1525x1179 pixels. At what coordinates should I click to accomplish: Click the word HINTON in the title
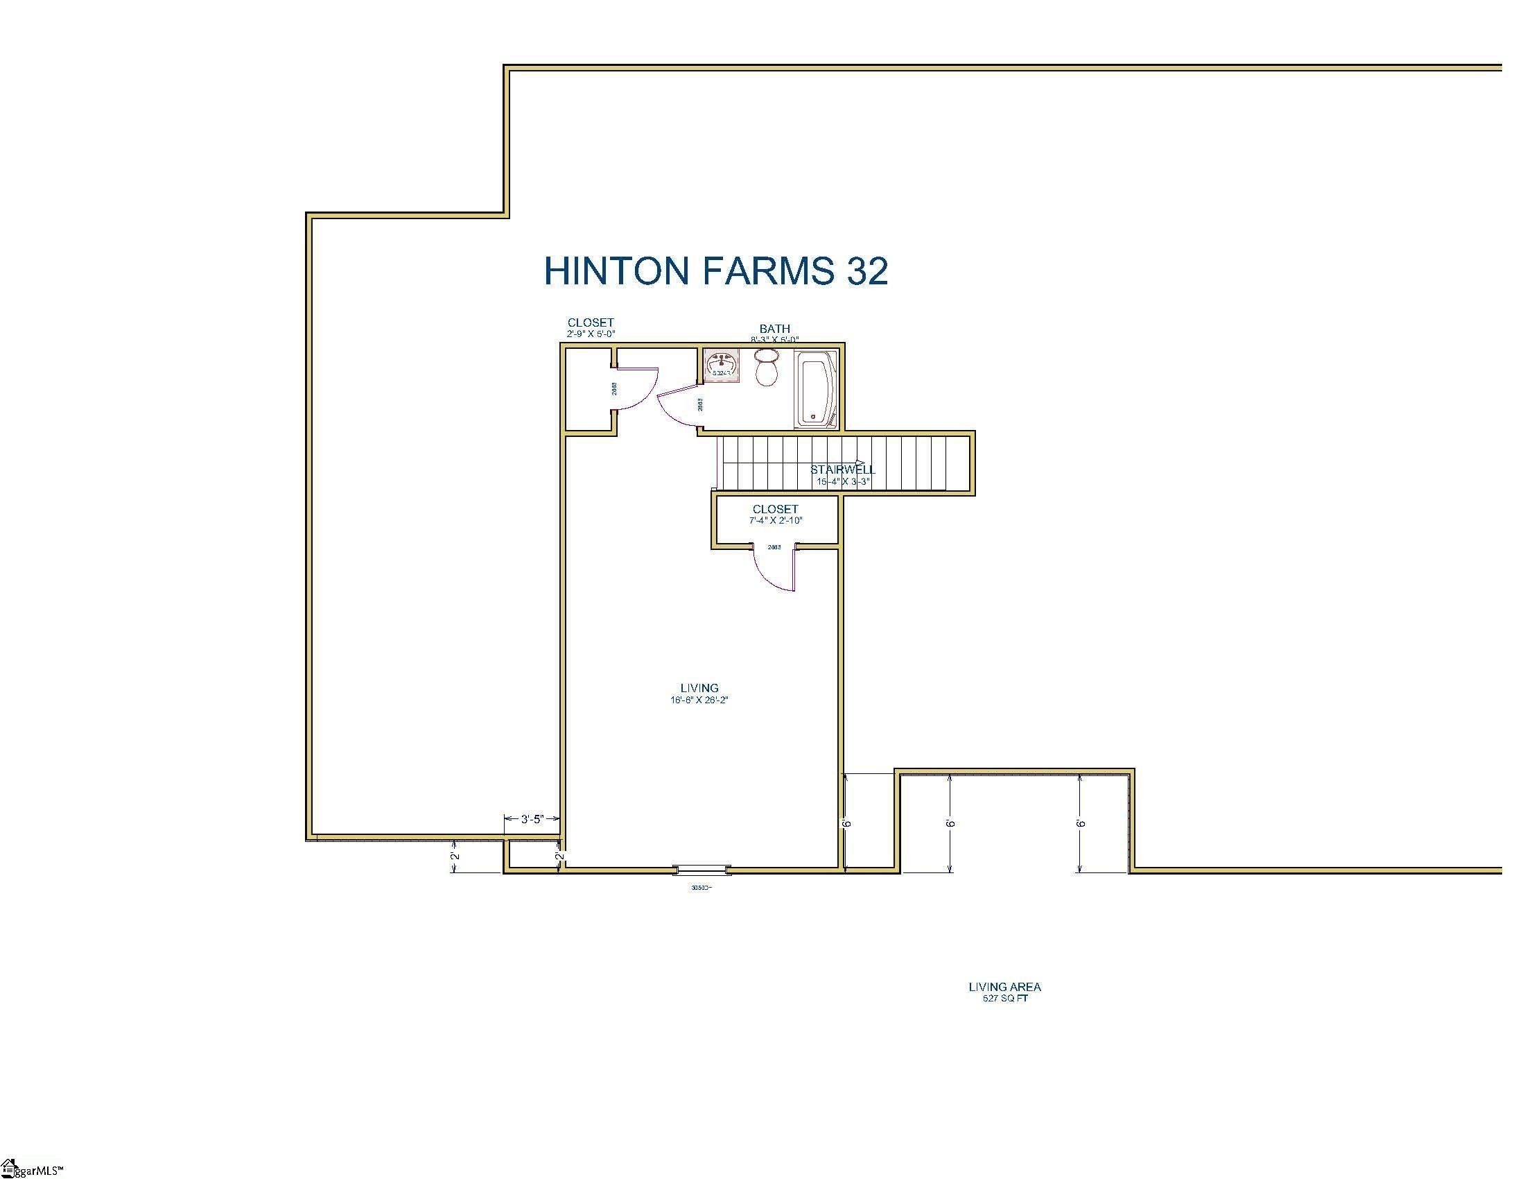click(616, 270)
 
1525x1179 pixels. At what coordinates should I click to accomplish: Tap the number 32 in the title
click(866, 270)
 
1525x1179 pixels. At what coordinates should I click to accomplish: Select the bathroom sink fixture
click(722, 365)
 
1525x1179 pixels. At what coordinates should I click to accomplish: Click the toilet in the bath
click(767, 368)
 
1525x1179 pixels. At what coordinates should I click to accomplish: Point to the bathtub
click(816, 390)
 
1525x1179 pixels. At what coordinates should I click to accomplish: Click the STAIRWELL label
click(842, 470)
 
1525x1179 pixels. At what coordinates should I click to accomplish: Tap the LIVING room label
click(699, 688)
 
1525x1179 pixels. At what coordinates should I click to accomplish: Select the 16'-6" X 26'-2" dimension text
click(699, 700)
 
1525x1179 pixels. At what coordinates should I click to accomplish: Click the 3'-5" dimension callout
click(532, 819)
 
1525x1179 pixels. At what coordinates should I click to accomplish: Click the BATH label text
click(774, 328)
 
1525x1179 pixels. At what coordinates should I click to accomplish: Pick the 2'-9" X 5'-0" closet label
click(590, 334)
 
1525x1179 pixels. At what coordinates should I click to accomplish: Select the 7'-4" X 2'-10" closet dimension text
click(775, 520)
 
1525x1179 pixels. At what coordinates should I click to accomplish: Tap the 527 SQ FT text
click(1005, 998)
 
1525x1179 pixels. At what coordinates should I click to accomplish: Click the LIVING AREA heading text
click(1004, 987)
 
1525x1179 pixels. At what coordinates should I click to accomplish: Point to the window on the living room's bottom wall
click(701, 870)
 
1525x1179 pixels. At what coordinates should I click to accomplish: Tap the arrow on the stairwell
click(860, 463)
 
